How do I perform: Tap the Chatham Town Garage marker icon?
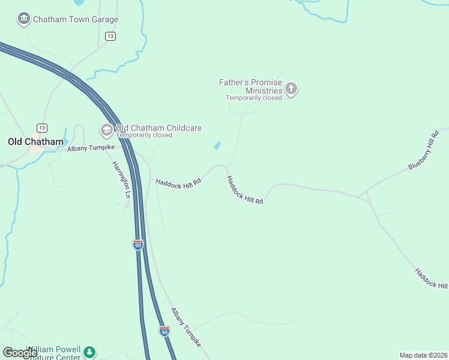(23, 19)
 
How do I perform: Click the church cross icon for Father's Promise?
(291, 90)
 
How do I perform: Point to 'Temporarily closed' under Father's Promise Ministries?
(253, 98)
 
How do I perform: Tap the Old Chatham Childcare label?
(158, 128)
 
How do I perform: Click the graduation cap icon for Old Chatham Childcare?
(106, 130)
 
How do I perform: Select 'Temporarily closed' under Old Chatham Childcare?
(144, 135)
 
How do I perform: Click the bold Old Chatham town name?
(35, 142)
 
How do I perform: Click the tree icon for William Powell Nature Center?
(89, 352)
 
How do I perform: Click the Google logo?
(20, 353)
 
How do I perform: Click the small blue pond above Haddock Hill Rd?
(217, 146)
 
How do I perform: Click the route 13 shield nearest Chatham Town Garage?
(110, 37)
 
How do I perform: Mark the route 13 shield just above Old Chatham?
(41, 128)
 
